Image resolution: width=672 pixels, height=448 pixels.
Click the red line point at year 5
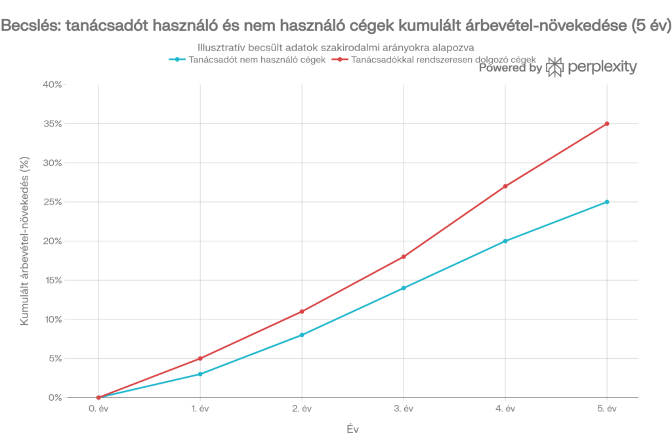pyautogui.click(x=607, y=123)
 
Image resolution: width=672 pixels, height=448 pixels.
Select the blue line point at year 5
pyautogui.click(x=607, y=201)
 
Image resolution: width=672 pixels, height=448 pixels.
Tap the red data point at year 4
pyautogui.click(x=505, y=186)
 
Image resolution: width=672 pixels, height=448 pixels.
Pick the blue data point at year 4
pyautogui.click(x=505, y=241)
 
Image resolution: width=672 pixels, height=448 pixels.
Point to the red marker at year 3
pyautogui.click(x=403, y=256)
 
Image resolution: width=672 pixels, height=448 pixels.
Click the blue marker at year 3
pyautogui.click(x=403, y=288)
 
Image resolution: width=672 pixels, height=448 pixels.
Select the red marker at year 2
pyautogui.click(x=301, y=312)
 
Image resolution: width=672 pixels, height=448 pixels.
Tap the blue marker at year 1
pyautogui.click(x=199, y=374)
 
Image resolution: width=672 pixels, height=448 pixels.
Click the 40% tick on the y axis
pyautogui.click(x=53, y=85)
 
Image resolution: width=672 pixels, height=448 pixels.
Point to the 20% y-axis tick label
pyautogui.click(x=53, y=241)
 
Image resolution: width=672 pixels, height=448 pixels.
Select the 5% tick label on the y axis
pyautogui.click(x=55, y=358)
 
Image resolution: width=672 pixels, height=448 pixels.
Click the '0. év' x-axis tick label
pyautogui.click(x=98, y=409)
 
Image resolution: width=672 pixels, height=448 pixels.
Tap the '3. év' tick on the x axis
pyautogui.click(x=403, y=409)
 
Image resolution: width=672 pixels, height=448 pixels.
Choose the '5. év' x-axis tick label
pyautogui.click(x=607, y=409)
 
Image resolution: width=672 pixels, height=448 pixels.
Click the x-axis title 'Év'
pyautogui.click(x=352, y=430)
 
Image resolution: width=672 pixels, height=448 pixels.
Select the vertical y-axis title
pyautogui.click(x=25, y=241)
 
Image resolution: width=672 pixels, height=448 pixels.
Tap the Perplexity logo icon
pyautogui.click(x=555, y=68)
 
